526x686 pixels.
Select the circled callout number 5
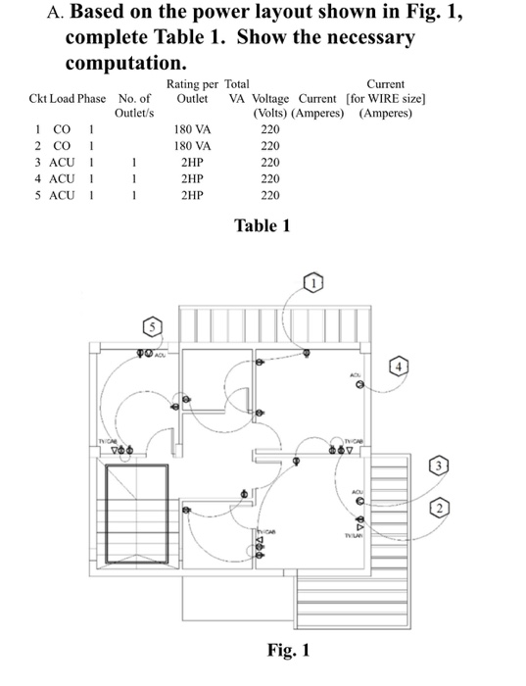coord(153,324)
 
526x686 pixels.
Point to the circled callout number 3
coord(442,464)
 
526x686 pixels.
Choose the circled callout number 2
coord(442,507)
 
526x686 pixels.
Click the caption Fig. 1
coord(288,651)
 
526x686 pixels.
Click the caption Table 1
coord(263,226)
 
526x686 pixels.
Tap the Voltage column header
coord(269,99)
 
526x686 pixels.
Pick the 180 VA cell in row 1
coord(192,128)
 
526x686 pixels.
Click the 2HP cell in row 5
coord(192,195)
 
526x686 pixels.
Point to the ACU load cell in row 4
coord(68,178)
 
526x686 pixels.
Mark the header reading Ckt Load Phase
coord(68,99)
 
